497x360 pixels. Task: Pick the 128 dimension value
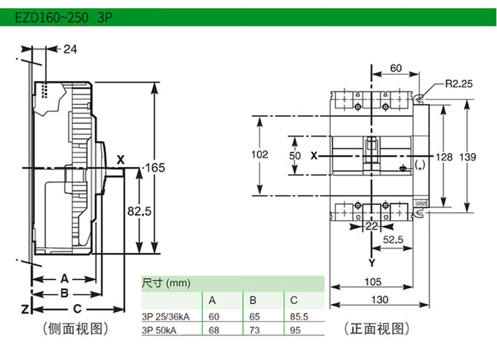point(445,157)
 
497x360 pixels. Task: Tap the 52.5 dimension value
point(393,240)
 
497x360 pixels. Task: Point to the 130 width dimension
point(379,300)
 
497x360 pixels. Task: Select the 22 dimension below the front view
point(372,226)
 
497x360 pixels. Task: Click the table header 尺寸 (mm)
point(164,283)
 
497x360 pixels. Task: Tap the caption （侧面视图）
point(74,328)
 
